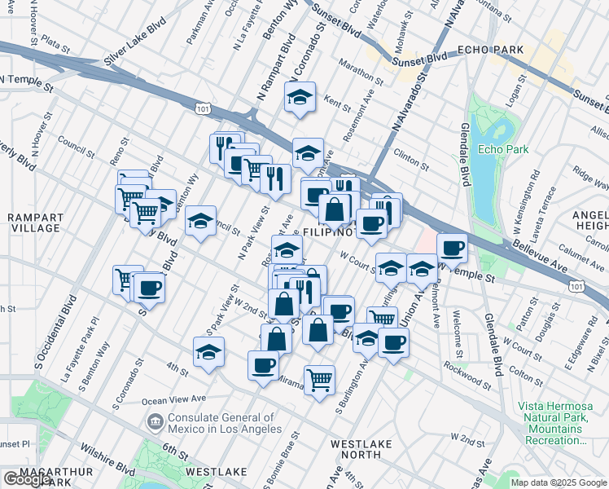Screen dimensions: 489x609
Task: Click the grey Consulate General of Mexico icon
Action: (x=152, y=421)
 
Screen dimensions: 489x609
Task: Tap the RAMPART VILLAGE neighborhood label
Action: (x=34, y=222)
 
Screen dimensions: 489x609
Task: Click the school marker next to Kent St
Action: (x=300, y=98)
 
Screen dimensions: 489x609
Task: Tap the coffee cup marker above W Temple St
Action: (x=452, y=247)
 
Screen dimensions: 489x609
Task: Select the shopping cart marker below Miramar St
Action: (x=319, y=379)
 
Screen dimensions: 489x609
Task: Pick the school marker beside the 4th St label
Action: (x=208, y=353)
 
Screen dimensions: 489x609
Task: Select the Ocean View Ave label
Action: (x=174, y=399)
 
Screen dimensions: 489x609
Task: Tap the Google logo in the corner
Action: (x=28, y=479)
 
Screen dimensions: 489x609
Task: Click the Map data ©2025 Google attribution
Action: (x=559, y=482)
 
